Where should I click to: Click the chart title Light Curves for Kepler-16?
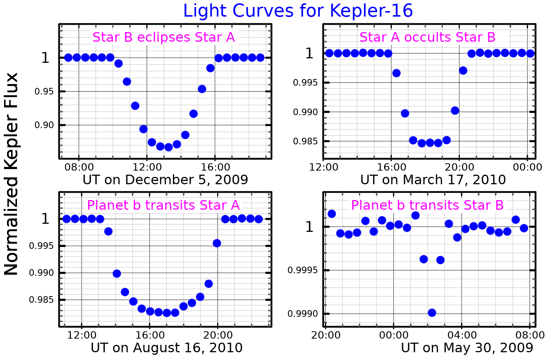(298, 11)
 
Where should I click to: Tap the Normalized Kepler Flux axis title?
(11, 174)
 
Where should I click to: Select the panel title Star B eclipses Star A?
(164, 37)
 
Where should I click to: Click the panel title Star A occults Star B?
(427, 37)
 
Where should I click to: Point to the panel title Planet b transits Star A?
(163, 205)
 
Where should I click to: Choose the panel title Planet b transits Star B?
(427, 205)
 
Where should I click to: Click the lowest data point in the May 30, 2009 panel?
(432, 313)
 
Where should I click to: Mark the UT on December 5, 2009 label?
(165, 180)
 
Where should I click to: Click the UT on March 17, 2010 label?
(433, 180)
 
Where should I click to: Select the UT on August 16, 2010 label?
(167, 348)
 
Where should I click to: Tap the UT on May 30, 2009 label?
(467, 348)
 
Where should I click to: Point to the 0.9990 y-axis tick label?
(302, 314)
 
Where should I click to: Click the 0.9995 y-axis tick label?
(302, 271)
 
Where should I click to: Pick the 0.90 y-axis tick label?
(44, 125)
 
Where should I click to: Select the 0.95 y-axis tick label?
(44, 92)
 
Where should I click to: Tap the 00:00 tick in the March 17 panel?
(527, 167)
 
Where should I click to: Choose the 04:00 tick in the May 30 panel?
(462, 335)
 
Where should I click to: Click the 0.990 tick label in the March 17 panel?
(305, 112)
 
